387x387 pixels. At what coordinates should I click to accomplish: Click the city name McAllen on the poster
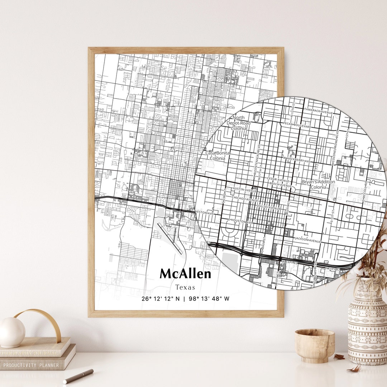(x=185, y=274)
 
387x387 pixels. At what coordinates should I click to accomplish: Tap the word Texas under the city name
(x=185, y=287)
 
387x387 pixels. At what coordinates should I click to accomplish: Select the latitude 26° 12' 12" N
(x=161, y=299)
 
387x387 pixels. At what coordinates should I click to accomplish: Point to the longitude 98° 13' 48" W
(x=208, y=299)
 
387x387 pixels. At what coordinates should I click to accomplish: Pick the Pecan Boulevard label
(x=297, y=125)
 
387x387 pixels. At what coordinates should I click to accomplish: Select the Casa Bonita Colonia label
(x=218, y=156)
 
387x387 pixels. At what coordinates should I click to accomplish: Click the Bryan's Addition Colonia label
(x=318, y=185)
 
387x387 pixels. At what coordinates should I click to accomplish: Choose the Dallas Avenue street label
(x=269, y=208)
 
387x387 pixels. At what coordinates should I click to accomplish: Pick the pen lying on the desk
(x=78, y=376)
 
